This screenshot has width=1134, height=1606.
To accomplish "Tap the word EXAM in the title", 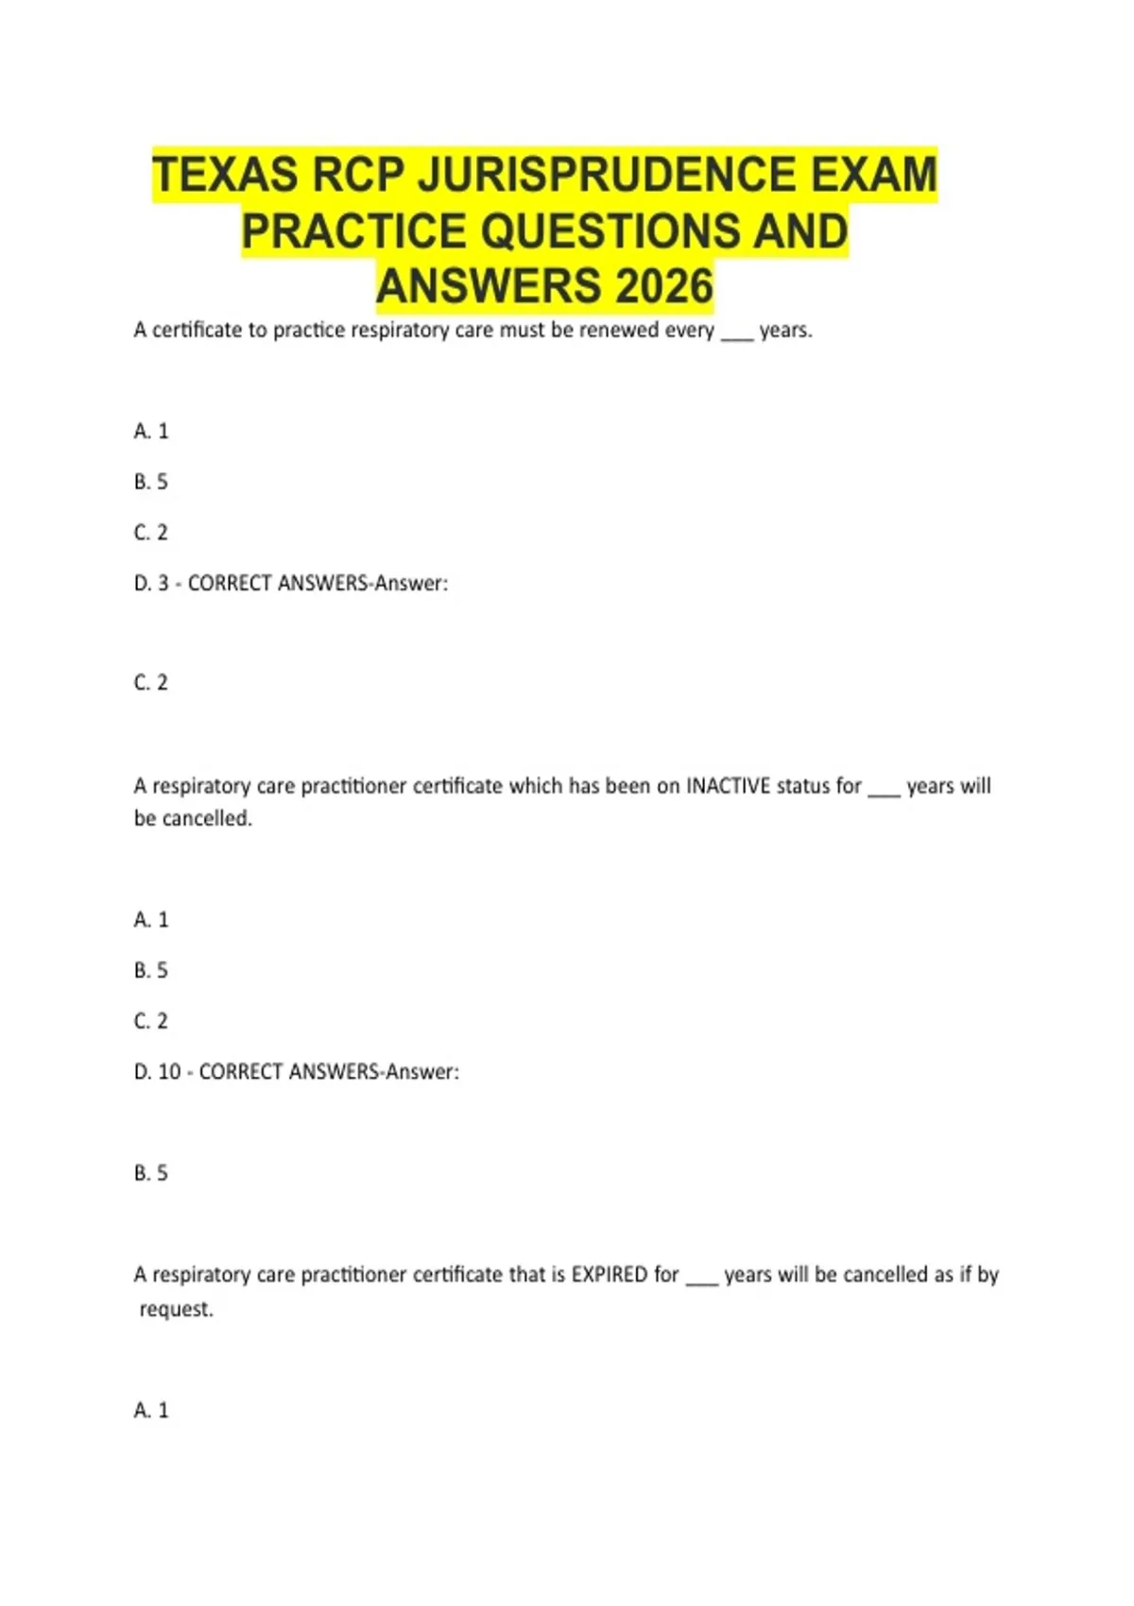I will click(x=873, y=176).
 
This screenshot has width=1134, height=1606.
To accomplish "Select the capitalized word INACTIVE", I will click(x=728, y=786).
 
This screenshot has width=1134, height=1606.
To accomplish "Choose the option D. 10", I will click(x=157, y=1072).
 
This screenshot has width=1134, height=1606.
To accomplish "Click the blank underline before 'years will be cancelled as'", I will click(x=702, y=1281).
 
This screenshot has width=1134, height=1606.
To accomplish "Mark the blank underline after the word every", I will click(x=737, y=336).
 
